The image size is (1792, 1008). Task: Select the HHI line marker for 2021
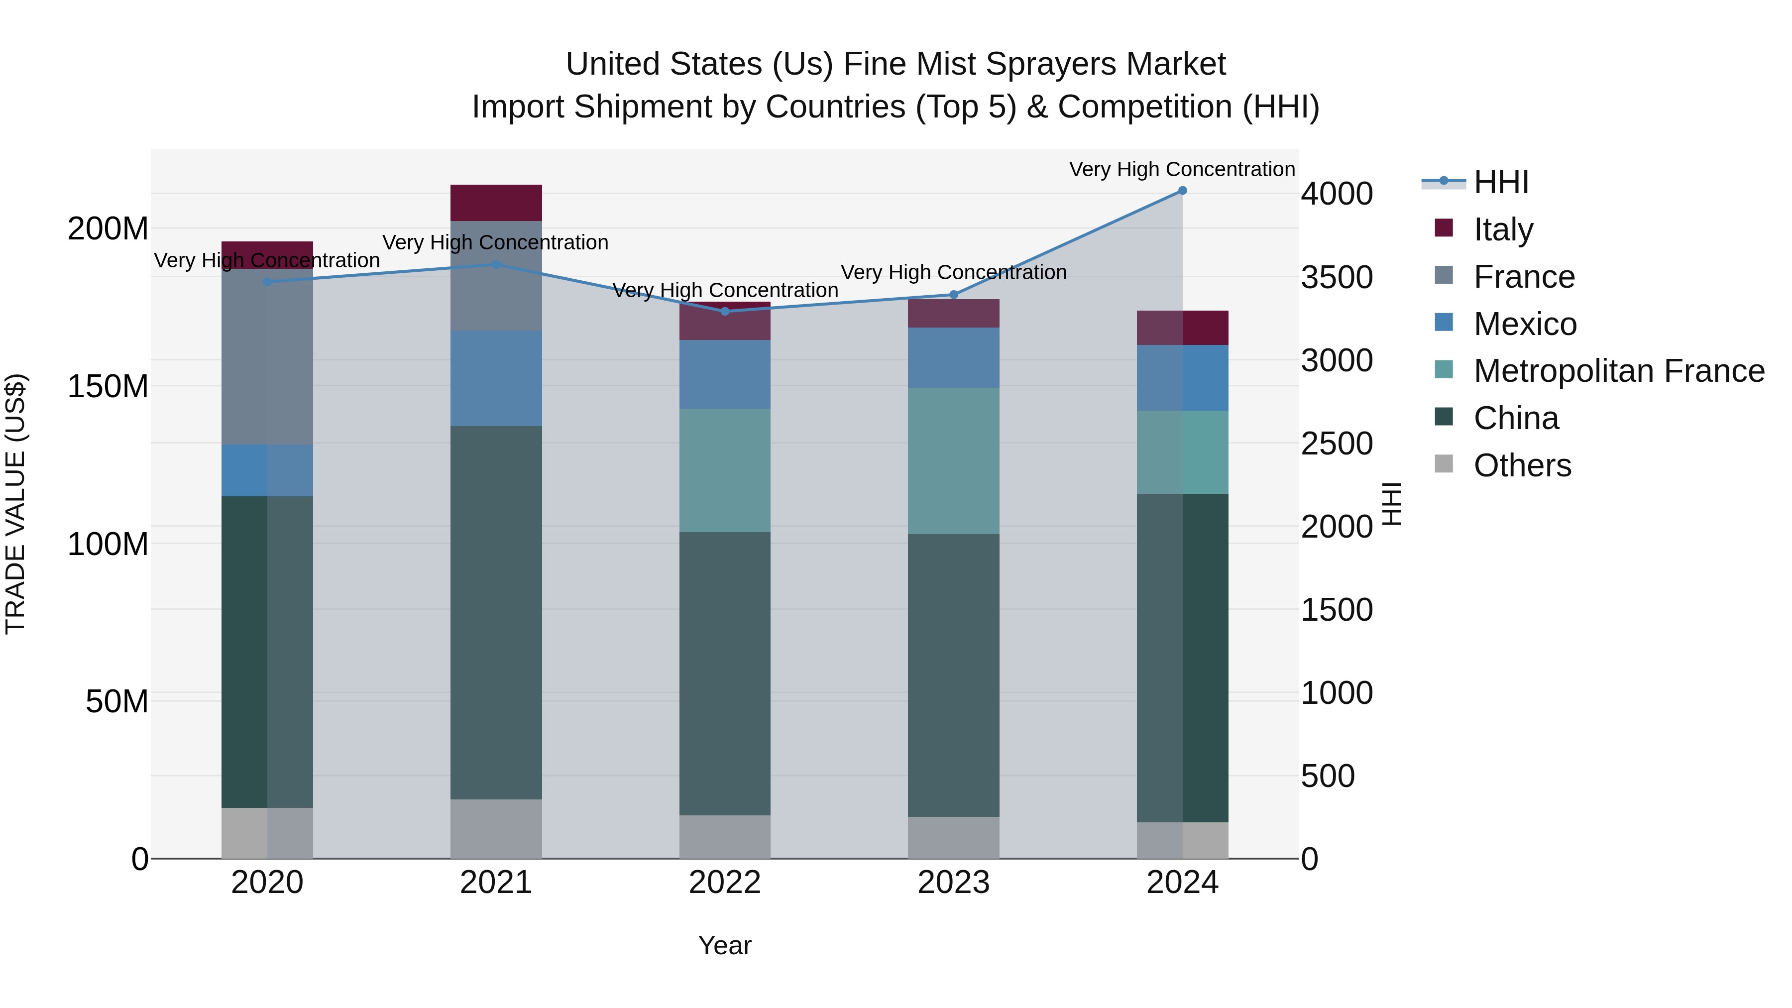tap(496, 264)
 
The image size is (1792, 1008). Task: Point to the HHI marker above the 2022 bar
tap(725, 312)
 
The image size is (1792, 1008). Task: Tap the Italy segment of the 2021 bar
tap(496, 203)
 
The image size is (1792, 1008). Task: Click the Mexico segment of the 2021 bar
tap(496, 378)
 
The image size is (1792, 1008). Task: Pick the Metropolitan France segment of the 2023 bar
tap(953, 460)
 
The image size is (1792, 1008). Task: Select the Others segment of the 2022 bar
tap(725, 836)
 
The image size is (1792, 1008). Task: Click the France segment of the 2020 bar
tap(267, 356)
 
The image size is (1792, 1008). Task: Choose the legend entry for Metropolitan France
tap(1618, 371)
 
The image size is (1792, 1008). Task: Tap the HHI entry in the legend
tap(1500, 182)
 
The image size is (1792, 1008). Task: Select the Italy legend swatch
tap(1444, 228)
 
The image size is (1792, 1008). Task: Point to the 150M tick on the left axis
tap(108, 386)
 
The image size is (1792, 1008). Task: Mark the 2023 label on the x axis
tap(953, 883)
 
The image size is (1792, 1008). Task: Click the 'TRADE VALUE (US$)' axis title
tap(15, 504)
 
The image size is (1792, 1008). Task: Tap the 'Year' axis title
tap(724, 945)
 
